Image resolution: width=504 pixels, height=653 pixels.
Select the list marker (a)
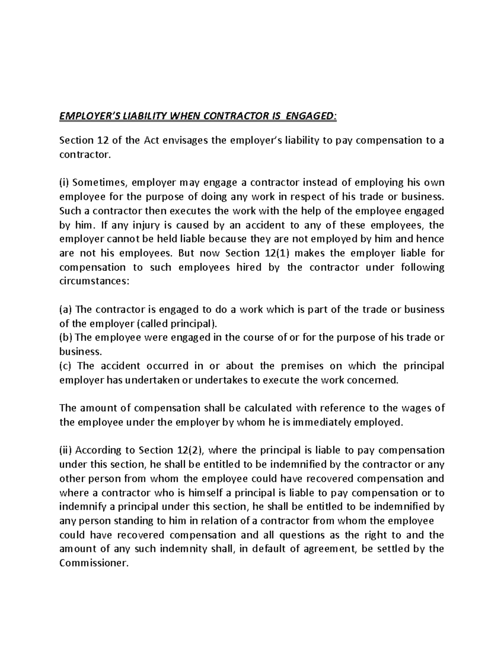[66, 310]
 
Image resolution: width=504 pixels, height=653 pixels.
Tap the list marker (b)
[66, 338]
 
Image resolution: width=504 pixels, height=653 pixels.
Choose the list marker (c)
[66, 366]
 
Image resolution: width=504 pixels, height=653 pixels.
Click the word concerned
[374, 380]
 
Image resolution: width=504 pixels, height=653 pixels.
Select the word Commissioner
[92, 563]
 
